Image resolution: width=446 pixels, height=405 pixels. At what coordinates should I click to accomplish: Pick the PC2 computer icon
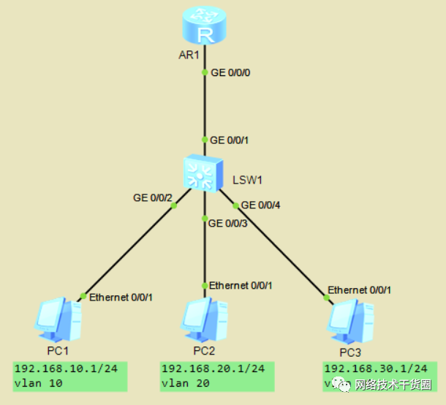pos(203,319)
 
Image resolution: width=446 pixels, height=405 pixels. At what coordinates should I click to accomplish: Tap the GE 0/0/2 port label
pos(153,197)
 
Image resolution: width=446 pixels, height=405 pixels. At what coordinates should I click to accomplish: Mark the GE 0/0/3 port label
pos(227,223)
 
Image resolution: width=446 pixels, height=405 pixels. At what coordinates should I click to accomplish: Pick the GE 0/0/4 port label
pos(260,205)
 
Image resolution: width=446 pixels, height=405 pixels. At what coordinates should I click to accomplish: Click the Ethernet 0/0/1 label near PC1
pos(121,298)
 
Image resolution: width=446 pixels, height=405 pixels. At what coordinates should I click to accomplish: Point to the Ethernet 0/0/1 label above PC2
pos(241,285)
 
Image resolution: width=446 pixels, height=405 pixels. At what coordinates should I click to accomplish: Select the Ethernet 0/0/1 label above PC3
pos(359,289)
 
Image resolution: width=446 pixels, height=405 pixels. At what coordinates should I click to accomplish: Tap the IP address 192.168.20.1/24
pos(213,368)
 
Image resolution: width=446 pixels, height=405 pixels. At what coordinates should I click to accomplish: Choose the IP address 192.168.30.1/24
pos(375,368)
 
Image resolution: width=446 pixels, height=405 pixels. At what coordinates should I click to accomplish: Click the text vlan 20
pos(187,382)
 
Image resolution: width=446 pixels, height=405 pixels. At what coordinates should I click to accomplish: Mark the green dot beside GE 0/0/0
pos(205,72)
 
